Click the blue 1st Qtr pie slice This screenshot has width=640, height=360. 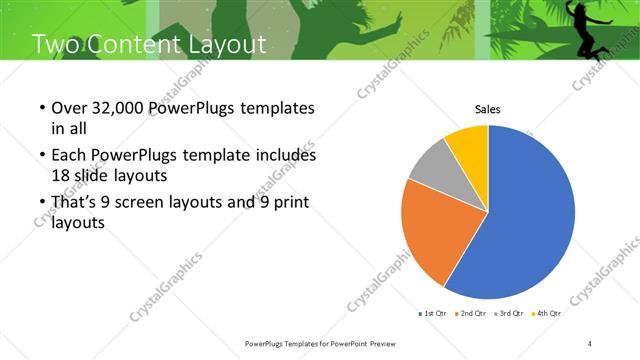coord(530,220)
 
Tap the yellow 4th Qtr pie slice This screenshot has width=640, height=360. coord(467,143)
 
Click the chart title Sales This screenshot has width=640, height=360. coord(487,110)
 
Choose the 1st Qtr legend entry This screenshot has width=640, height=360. coord(432,313)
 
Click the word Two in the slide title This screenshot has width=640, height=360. coord(56,44)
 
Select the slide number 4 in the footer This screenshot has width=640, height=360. coord(590,344)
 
